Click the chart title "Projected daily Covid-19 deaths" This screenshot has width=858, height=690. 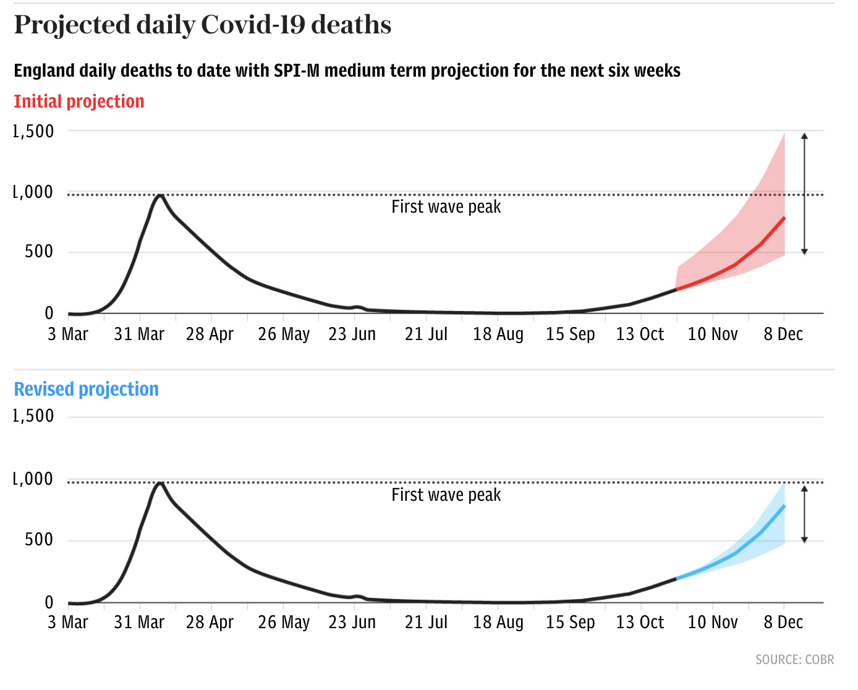(x=203, y=25)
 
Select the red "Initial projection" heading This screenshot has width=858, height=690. (x=79, y=101)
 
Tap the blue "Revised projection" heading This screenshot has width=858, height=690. (x=87, y=390)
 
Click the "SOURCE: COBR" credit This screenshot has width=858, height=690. (x=794, y=660)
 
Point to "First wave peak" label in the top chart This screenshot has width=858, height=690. (x=446, y=207)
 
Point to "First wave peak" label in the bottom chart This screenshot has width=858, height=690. (x=446, y=495)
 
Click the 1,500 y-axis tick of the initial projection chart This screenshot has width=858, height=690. (x=33, y=131)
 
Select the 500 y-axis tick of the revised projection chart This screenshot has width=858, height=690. (x=39, y=540)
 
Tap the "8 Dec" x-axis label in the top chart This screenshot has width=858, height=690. (x=783, y=334)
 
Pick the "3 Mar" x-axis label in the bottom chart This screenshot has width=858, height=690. (x=68, y=623)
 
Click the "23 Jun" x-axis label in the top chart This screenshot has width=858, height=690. (x=352, y=334)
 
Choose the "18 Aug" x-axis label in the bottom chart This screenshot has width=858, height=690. (x=498, y=623)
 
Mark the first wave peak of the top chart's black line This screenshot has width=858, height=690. (x=160, y=195)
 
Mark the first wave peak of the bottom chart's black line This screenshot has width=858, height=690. (x=160, y=483)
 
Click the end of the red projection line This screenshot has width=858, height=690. (x=784, y=218)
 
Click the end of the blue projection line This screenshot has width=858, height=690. (x=784, y=506)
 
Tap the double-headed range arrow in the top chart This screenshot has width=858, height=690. (x=804, y=194)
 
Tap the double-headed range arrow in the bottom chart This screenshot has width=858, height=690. (x=804, y=514)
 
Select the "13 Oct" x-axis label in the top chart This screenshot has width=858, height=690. (x=640, y=334)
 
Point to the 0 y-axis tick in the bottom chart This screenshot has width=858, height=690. (x=49, y=603)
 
